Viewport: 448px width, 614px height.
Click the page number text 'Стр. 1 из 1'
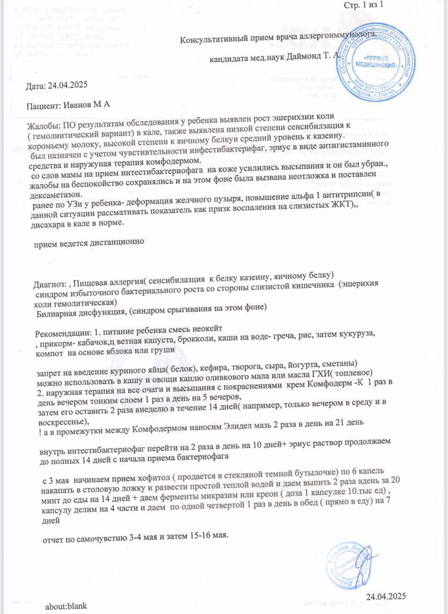364,5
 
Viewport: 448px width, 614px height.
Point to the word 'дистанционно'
117,243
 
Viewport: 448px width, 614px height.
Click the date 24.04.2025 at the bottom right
386,596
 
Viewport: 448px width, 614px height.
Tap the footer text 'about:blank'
66,606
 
